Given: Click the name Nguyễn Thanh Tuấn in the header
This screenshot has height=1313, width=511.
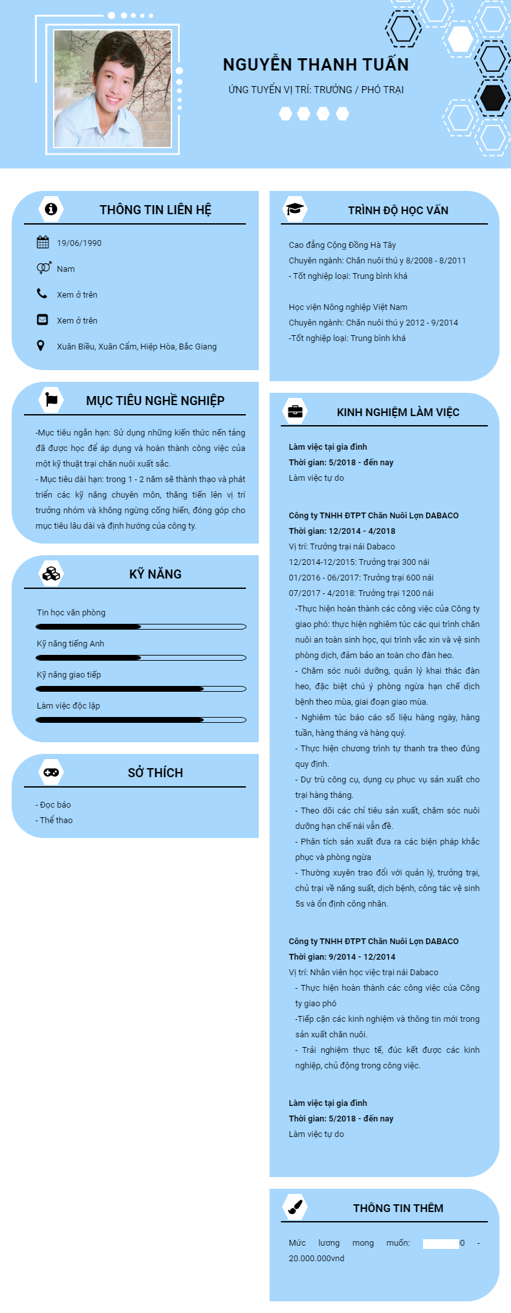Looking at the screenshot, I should pos(316,65).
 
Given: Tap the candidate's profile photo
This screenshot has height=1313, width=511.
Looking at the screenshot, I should pos(113,89).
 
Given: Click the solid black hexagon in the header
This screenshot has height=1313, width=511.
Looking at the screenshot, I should pos(493,98).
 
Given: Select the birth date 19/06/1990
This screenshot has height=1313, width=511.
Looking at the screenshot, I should pos(79,243).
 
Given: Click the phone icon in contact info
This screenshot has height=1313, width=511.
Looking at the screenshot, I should pos(42,294).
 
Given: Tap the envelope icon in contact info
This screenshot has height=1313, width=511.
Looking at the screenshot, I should pos(42,320).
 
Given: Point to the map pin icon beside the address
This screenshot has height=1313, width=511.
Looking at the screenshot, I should pos(41,346).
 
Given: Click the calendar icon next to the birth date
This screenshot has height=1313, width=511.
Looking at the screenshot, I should pos(43,243).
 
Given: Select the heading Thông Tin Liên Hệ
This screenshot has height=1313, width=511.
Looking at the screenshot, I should pos(155,210).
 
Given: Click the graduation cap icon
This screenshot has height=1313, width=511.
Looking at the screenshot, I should pos(295,209).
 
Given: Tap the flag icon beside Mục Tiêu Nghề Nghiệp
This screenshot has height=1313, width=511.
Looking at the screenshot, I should pos(51,400).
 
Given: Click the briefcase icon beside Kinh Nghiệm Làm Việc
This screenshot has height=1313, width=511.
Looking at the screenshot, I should pos(295,412).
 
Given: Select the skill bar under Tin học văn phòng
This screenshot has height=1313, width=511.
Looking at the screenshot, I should pos(141,626).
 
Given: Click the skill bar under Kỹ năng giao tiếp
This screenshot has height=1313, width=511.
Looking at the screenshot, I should pos(141,689).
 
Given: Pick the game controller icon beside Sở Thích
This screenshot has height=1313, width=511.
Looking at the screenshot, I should pos(51,772).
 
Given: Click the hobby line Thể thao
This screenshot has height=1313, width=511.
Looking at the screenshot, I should pos(56,821).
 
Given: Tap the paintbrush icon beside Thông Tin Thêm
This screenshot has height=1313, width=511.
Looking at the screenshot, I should pos(295,1207).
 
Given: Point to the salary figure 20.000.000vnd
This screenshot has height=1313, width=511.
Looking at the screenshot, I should pos(316,1259).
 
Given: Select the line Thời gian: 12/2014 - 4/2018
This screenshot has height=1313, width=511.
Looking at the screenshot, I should pos(342,531).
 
